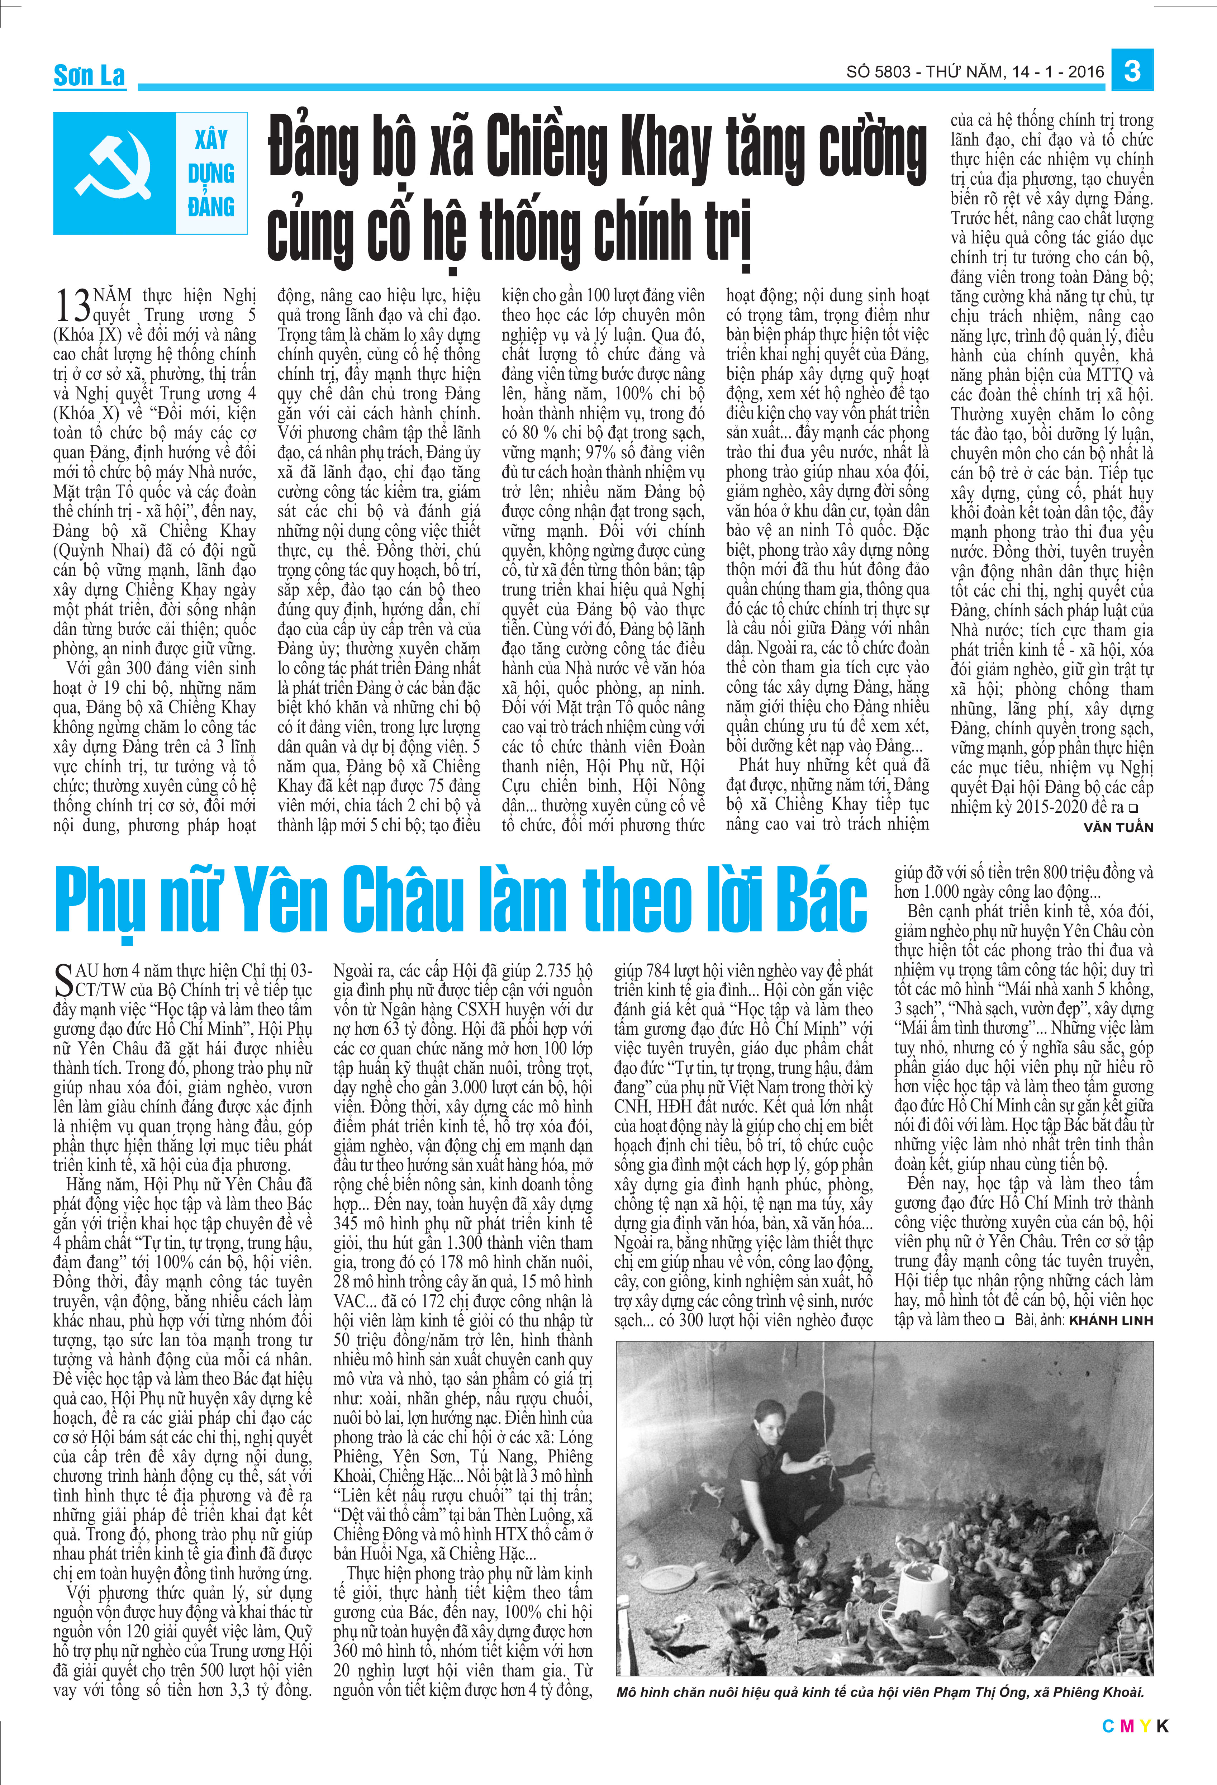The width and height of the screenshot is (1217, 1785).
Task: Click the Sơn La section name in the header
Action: pos(89,75)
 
